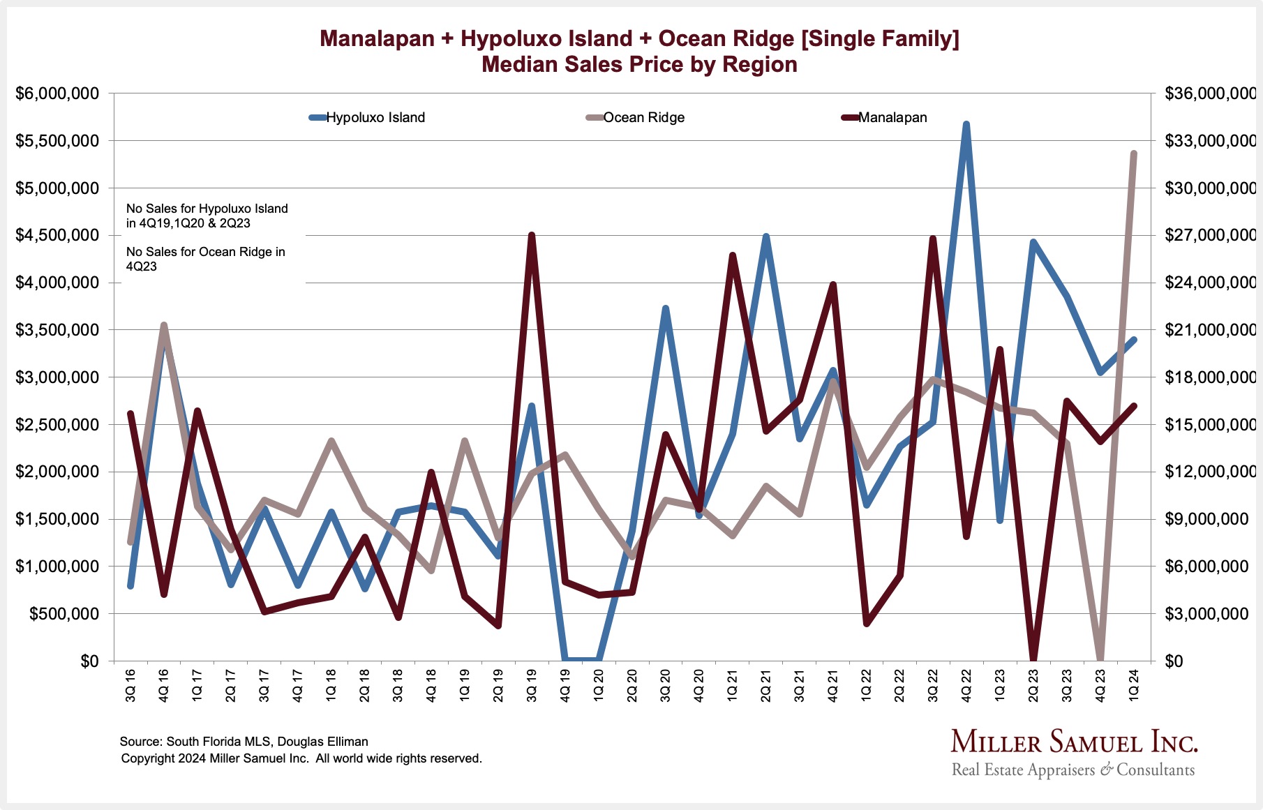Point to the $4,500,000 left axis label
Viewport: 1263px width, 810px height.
(57, 236)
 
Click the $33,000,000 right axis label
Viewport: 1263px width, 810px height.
(1210, 141)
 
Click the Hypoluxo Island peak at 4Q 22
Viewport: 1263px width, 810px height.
(966, 125)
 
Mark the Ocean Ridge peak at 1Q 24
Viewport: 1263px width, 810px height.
(1134, 154)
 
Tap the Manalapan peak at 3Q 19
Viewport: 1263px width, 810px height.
(532, 236)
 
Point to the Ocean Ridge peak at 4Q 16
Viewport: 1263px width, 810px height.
(164, 326)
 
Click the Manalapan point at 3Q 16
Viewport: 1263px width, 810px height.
(130, 414)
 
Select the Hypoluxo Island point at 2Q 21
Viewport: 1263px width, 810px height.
(766, 237)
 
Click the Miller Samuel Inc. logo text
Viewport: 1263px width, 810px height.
(1074, 742)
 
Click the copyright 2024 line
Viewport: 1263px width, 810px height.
(301, 758)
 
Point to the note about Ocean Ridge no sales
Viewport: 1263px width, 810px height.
(205, 259)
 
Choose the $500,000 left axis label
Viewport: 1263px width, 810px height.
(63, 614)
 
